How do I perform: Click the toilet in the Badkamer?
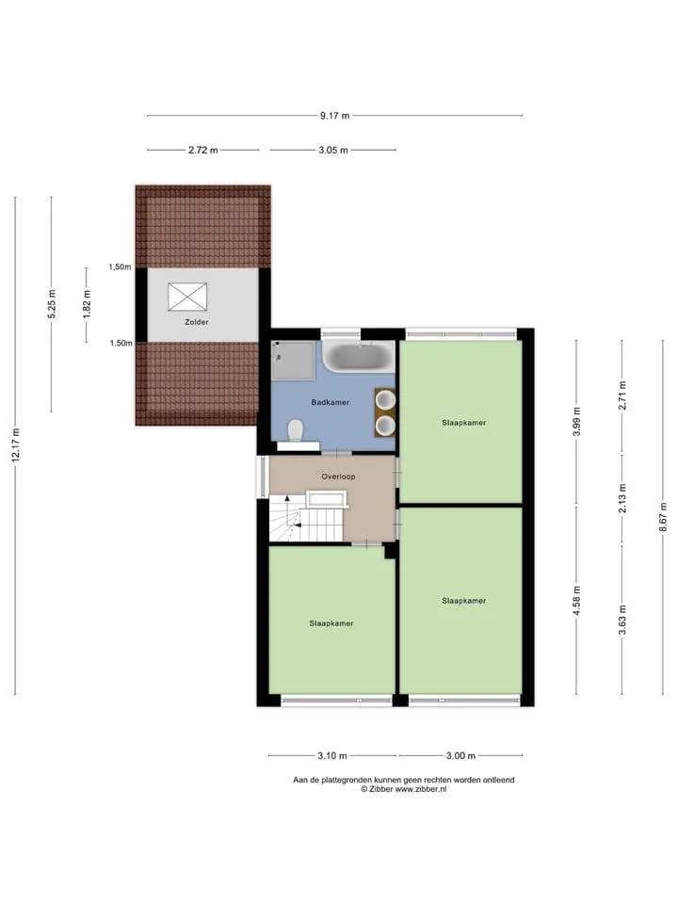point(296,429)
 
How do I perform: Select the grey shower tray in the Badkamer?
point(294,361)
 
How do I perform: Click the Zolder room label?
point(197,322)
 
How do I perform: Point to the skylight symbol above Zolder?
point(187,297)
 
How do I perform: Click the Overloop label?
point(338,476)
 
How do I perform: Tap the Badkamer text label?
point(331,402)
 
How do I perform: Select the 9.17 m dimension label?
point(335,115)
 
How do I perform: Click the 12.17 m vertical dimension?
point(16,445)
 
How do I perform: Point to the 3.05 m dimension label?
point(333,150)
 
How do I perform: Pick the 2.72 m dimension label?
point(203,150)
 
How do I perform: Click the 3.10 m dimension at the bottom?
point(332,755)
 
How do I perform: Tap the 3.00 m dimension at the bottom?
point(460,755)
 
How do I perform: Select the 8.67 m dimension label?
point(663,517)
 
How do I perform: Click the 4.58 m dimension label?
point(576,600)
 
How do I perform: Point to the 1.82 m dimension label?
point(87,303)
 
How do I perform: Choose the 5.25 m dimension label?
point(51,304)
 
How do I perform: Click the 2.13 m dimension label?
point(622,498)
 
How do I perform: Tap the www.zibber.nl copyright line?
point(404,789)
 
